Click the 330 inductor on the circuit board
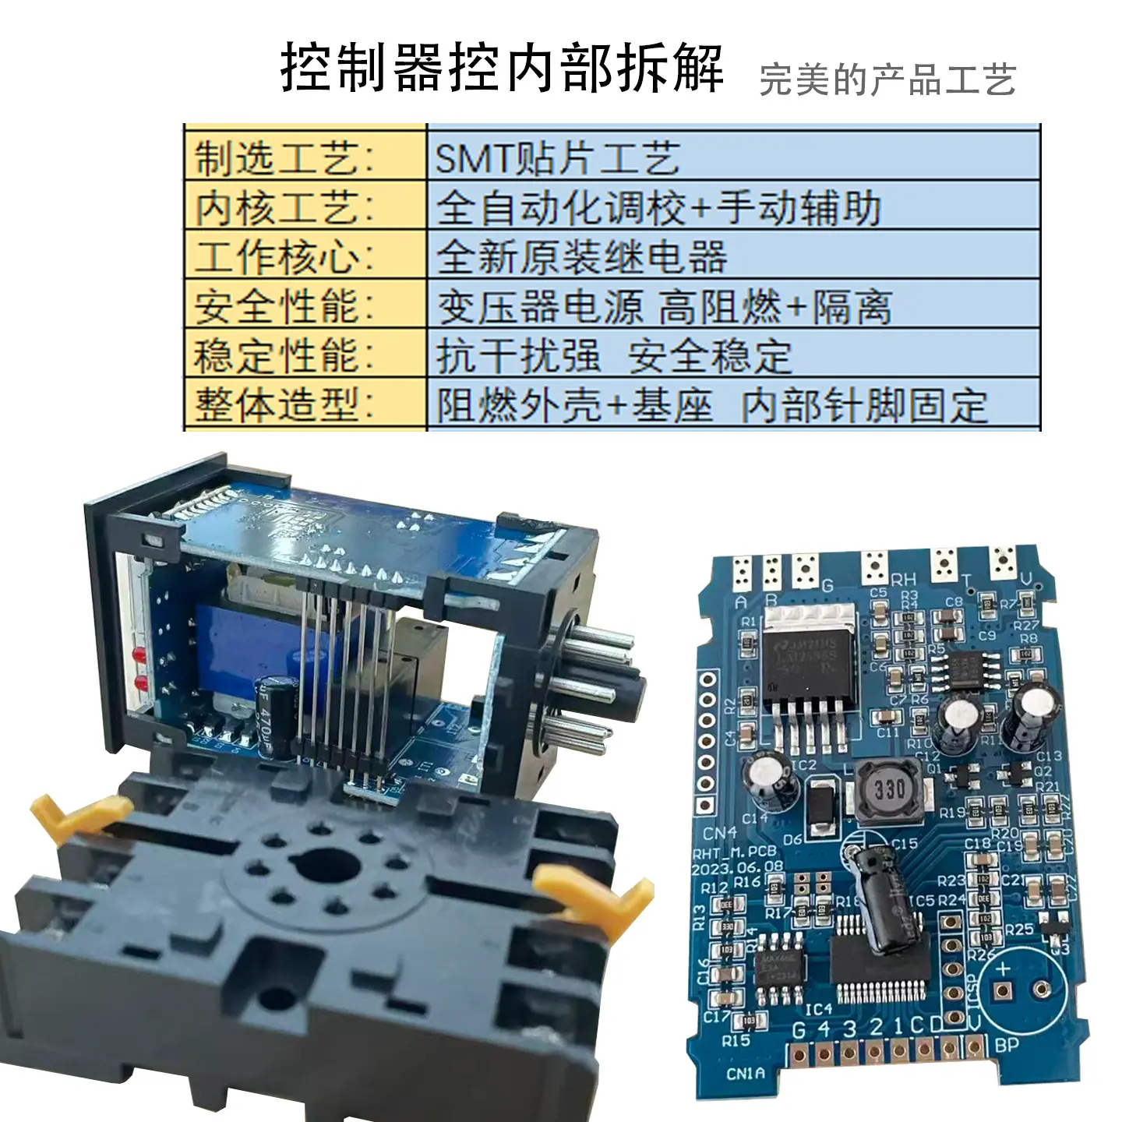pos(888,790)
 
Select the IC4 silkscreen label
pos(818,1010)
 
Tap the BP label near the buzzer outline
pos(1006,1044)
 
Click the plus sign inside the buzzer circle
pos(1003,969)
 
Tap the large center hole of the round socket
pos(320,864)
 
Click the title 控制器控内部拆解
pos(503,69)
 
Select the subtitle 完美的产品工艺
pos(887,79)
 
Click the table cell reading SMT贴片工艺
pos(557,159)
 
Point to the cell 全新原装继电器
pos(581,257)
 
